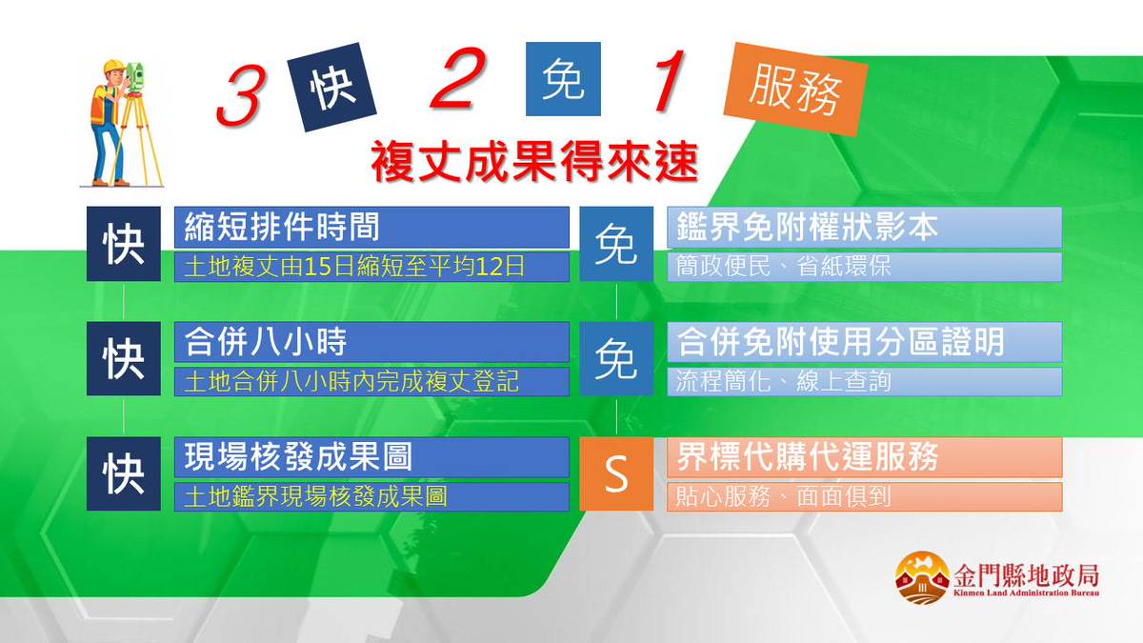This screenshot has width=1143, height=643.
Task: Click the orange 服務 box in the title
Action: (x=795, y=91)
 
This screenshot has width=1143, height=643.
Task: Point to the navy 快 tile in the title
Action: (x=332, y=87)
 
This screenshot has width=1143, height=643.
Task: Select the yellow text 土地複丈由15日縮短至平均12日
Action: (x=354, y=266)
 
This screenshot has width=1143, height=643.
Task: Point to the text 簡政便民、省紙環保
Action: (x=784, y=266)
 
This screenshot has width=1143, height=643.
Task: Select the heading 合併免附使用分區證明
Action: (x=840, y=341)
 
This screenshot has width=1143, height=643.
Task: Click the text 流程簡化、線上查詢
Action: (x=784, y=381)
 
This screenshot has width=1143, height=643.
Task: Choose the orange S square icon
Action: (x=616, y=474)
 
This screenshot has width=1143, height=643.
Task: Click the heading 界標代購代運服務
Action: (x=807, y=456)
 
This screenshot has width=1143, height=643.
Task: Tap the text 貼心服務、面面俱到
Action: (x=784, y=496)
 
